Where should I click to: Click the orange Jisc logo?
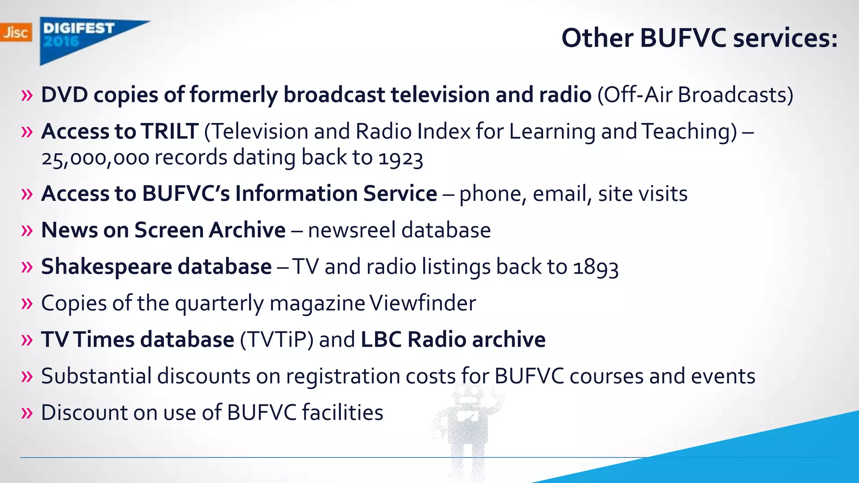[16, 32]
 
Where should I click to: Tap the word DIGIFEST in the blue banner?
[79, 28]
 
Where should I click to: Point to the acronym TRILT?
[169, 131]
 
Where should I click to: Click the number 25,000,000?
[95, 158]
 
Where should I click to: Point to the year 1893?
[596, 267]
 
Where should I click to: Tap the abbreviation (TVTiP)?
[276, 340]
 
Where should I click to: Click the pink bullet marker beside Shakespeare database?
[27, 267]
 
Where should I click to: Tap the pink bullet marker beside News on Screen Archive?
[27, 231]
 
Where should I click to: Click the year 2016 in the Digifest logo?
[61, 41]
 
